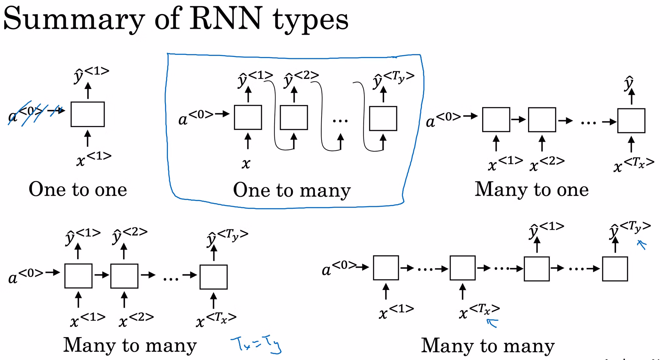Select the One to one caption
[78, 189]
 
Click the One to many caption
[292, 190]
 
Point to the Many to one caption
[532, 189]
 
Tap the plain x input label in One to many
[246, 163]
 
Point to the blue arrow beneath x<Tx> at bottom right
[492, 323]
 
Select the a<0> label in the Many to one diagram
[443, 119]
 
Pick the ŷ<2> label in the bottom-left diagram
[130, 236]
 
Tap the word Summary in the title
[74, 20]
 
